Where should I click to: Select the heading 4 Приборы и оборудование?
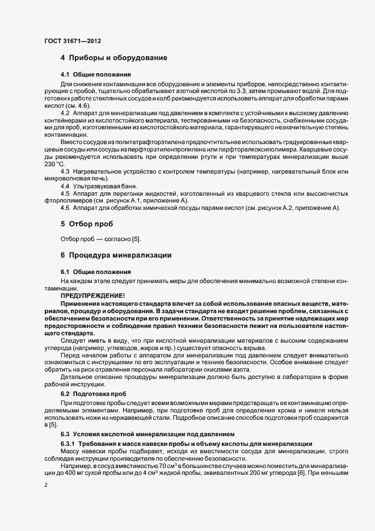113,58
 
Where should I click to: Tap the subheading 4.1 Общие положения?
96,74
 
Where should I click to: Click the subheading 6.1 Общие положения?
96,272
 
